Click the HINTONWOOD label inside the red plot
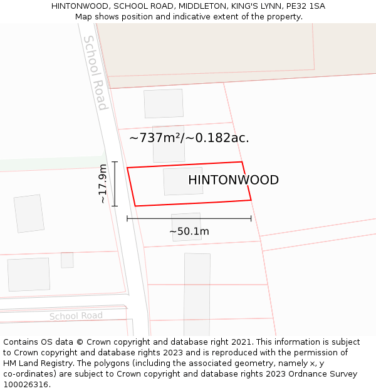233,180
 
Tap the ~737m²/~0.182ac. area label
189,138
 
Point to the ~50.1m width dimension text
189,231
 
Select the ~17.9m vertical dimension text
103,184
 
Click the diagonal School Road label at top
95,73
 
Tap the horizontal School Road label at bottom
76,316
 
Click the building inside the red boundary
183,181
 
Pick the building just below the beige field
164,103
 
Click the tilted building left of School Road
29,213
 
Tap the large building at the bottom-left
29,274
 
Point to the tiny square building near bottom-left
67,260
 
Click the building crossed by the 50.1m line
186,226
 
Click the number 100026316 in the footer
26,385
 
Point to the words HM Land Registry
32,363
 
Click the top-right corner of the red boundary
242,162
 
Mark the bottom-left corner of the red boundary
135,206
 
